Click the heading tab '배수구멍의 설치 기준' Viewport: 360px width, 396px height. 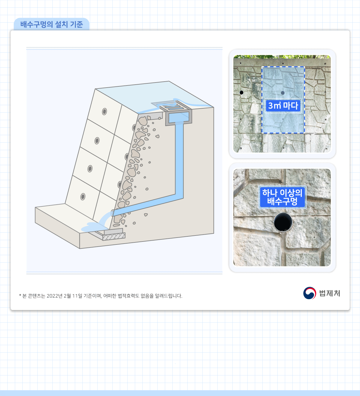coord(52,24)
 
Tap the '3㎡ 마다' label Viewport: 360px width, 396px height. coord(283,106)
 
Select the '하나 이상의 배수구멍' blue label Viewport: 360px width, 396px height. coord(282,197)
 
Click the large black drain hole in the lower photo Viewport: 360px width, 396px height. coord(283,222)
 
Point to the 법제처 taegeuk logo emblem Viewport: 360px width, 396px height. coord(309,293)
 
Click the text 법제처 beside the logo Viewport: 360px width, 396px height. coord(330,293)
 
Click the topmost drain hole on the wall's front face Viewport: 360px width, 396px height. coord(104,112)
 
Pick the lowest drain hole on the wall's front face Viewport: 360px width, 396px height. coord(83,196)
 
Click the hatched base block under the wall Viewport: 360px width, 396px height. coord(114,236)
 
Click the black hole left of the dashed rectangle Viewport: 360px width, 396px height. coord(241,92)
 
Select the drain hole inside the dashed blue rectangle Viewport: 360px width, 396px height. coord(283,93)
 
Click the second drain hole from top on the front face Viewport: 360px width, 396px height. coord(97,141)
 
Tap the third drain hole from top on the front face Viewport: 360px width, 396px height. coord(90,169)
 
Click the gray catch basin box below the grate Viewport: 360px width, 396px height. coord(178,118)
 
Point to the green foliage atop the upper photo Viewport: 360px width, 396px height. coord(282,57)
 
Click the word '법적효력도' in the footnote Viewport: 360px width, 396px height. coord(128,296)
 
